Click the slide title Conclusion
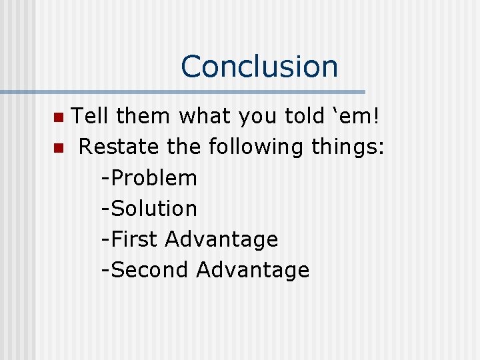coord(259,67)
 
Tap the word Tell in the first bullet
coord(91,117)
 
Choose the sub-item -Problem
coord(149,178)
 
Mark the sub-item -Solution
coord(149,209)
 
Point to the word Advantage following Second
coord(253,271)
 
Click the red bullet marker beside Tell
coord(58,118)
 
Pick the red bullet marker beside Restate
coord(58,149)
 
